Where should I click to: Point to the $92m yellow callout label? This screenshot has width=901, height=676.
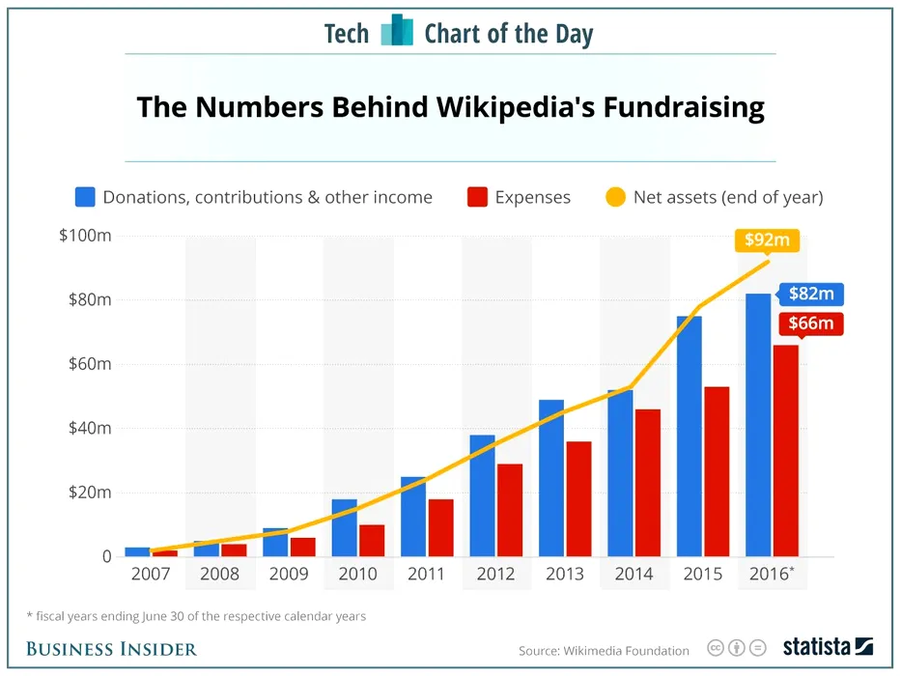click(768, 240)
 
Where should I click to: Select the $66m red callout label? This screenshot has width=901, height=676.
click(810, 323)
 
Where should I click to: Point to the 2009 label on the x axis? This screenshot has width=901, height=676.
click(287, 575)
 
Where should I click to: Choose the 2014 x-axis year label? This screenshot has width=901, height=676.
click(633, 575)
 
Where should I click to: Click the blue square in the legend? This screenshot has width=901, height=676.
click(85, 197)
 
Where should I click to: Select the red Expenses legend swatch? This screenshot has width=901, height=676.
click(476, 197)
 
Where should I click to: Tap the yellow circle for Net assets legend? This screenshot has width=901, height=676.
click(615, 197)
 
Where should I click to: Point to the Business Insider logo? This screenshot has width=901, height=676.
click(112, 648)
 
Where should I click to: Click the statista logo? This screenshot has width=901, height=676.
click(827, 647)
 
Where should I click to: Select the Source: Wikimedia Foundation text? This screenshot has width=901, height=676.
click(604, 650)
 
